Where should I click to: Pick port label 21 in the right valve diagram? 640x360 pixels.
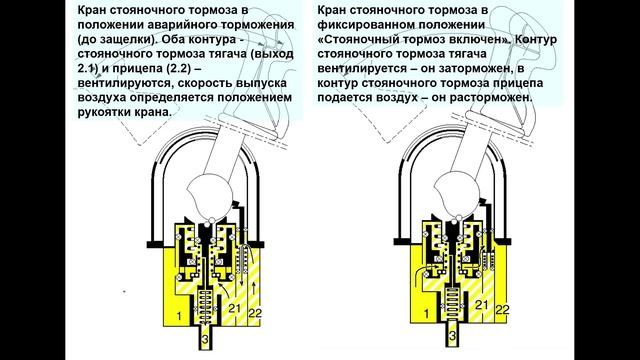(481, 305)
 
